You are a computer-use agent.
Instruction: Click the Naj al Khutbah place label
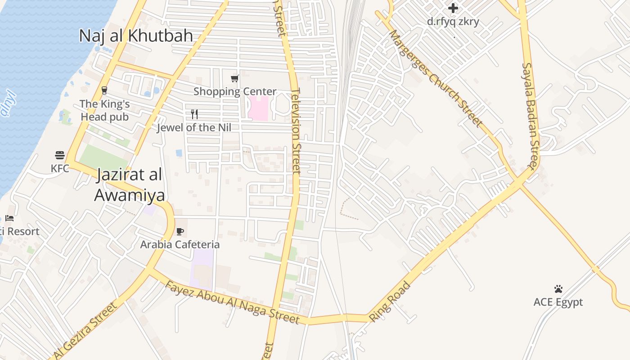(x=136, y=36)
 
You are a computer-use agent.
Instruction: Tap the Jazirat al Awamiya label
(x=129, y=185)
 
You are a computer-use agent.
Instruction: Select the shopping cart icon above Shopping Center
(x=234, y=79)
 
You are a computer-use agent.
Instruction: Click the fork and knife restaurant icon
(x=194, y=114)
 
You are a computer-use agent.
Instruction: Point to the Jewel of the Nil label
(x=194, y=127)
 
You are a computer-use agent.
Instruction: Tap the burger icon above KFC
(x=60, y=156)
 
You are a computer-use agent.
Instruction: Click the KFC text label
(x=60, y=168)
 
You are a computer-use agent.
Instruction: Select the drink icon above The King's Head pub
(x=104, y=90)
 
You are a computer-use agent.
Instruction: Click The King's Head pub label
(x=104, y=110)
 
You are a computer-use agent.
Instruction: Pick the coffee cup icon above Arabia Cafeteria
(x=180, y=232)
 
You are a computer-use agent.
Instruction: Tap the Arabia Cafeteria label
(x=180, y=245)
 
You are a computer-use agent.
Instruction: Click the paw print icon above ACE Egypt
(x=558, y=289)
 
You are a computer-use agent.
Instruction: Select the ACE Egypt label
(x=558, y=302)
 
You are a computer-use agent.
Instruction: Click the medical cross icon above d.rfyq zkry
(x=453, y=8)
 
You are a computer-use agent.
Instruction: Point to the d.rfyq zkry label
(x=453, y=21)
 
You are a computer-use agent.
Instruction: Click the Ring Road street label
(x=390, y=302)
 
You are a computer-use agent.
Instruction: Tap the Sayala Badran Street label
(x=530, y=116)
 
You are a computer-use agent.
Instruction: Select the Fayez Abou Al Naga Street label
(x=232, y=302)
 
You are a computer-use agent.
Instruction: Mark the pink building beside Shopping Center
(x=258, y=108)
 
